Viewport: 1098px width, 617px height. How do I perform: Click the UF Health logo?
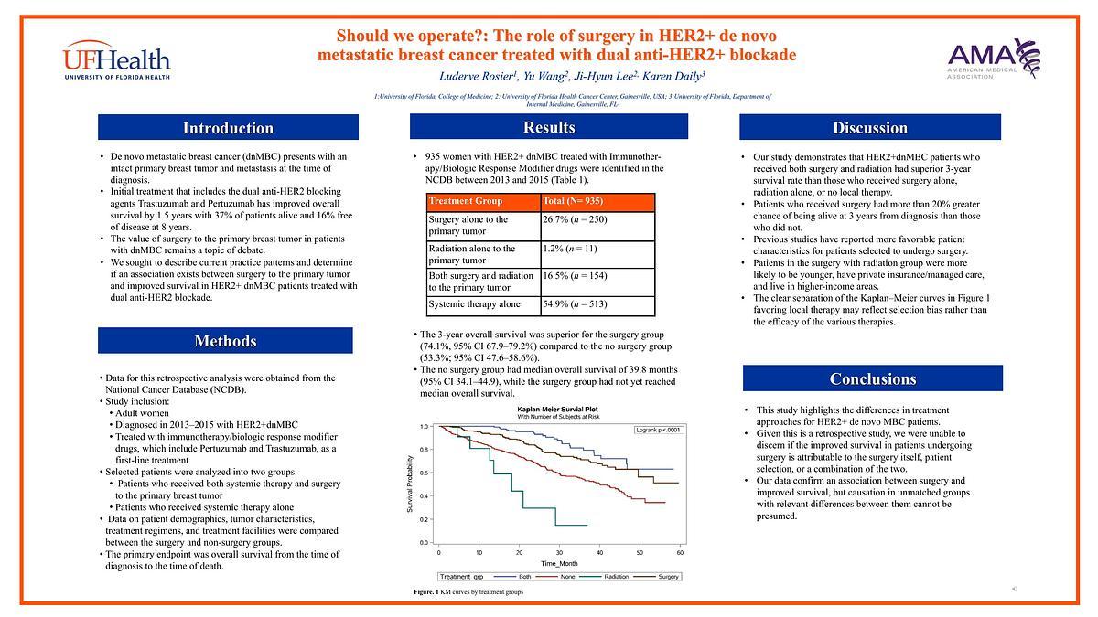(x=116, y=60)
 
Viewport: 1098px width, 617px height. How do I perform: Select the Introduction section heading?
(x=228, y=128)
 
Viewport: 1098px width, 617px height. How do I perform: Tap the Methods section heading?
(x=225, y=341)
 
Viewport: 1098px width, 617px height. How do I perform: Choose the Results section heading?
(x=549, y=127)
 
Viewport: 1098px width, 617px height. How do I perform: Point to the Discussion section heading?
(x=869, y=128)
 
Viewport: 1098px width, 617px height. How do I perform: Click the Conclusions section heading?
(x=872, y=378)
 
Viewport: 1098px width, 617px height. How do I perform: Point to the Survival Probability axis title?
(x=410, y=484)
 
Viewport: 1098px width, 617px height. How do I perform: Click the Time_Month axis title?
(x=560, y=564)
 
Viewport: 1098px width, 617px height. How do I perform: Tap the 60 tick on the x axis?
(x=680, y=553)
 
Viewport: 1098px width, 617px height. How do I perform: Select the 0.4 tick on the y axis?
(x=425, y=495)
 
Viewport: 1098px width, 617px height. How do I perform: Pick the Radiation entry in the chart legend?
(x=612, y=577)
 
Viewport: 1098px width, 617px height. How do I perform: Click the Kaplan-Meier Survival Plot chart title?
(x=558, y=409)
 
